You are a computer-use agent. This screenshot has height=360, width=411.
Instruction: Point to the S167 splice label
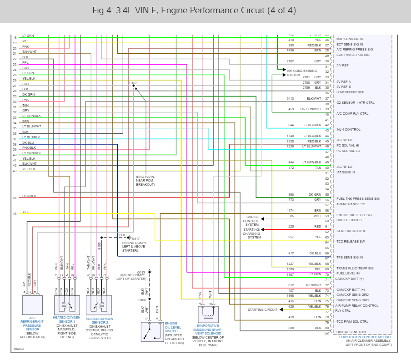[133, 83]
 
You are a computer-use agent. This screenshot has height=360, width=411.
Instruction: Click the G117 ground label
[136, 238]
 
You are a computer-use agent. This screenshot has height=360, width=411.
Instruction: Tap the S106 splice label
[142, 300]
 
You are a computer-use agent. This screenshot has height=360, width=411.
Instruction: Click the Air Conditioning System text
[302, 73]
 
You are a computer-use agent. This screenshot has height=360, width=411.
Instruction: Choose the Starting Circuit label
[262, 310]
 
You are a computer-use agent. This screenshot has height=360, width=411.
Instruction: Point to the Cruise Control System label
[252, 221]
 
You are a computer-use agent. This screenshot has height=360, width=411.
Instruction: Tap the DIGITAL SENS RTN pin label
[351, 332]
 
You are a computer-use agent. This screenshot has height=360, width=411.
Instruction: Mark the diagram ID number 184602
[19, 349]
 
